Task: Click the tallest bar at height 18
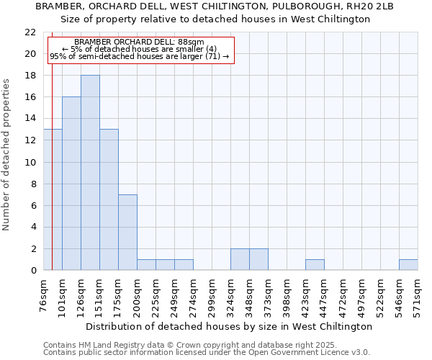[x=90, y=173]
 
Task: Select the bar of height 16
[x=71, y=184]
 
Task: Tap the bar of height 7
[x=127, y=232]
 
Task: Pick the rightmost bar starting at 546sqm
[x=408, y=264]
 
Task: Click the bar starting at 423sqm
[x=315, y=264]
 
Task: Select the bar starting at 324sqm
[x=240, y=259]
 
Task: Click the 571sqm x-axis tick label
[x=418, y=295]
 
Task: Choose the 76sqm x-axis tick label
[x=44, y=295]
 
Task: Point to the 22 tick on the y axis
[x=30, y=32]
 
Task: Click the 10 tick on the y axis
[x=30, y=162]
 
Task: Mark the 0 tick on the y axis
[x=33, y=270]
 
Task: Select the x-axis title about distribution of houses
[x=229, y=326]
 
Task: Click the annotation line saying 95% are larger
[x=140, y=56]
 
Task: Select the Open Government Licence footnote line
[x=207, y=352]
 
